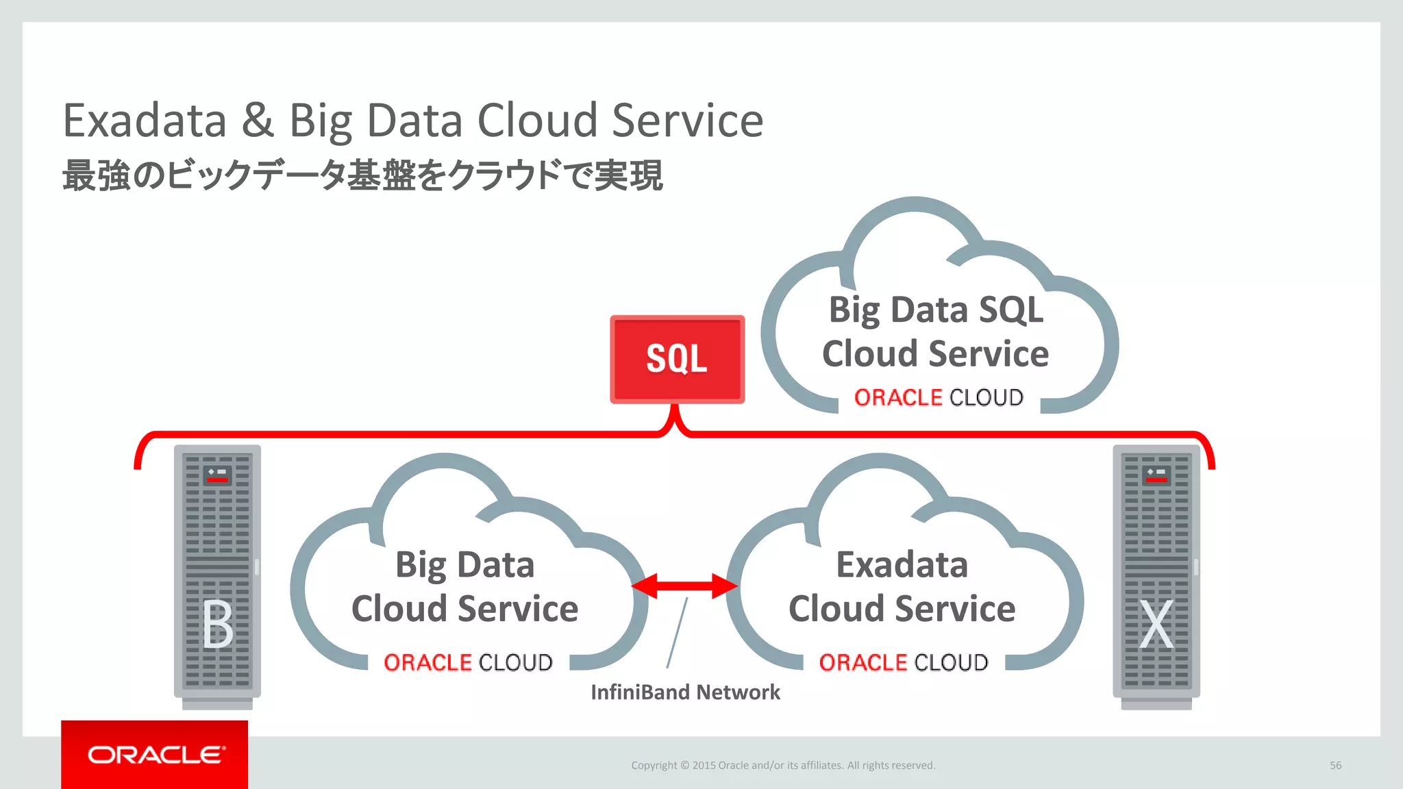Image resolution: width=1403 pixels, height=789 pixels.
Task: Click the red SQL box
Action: [x=677, y=359]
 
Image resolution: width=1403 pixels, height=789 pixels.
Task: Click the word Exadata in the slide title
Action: [x=145, y=121]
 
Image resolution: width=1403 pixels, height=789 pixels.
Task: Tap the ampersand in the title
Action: [x=258, y=121]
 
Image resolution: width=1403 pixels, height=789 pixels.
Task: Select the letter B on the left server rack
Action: [x=218, y=624]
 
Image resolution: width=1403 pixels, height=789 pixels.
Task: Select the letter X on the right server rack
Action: [x=1156, y=624]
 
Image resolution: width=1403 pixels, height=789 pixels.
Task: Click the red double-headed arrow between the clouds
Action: [x=684, y=586]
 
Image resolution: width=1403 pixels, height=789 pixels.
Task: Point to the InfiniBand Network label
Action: [x=685, y=692]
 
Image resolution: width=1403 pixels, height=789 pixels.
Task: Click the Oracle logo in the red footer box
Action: [x=155, y=755]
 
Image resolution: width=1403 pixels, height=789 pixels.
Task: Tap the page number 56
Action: [x=1335, y=765]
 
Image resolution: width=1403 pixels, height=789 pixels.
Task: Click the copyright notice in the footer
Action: [x=783, y=765]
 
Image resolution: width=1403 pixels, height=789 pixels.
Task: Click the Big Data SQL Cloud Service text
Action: [x=936, y=331]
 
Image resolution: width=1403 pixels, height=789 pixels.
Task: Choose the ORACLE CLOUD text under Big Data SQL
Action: [x=939, y=397]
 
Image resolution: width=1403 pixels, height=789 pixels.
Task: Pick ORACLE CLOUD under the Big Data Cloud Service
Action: [x=468, y=662]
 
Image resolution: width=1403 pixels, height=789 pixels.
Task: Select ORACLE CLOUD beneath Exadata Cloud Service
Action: [x=904, y=662]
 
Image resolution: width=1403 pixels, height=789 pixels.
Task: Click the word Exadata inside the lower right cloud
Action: [x=902, y=565]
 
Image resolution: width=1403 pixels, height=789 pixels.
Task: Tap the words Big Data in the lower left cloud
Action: [x=464, y=565]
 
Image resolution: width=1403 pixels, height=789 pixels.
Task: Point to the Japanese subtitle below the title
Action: [x=362, y=175]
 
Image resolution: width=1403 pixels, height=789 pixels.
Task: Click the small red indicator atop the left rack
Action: [x=217, y=479]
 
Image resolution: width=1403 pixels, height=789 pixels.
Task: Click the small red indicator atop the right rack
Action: [x=1156, y=479]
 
